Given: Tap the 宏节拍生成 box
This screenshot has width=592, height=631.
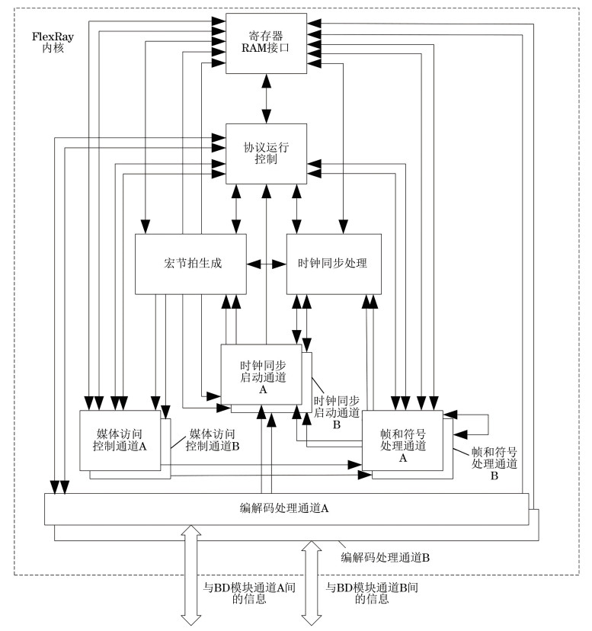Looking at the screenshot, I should [x=190, y=264].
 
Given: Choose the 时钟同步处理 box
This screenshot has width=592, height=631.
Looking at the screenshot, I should [x=332, y=264].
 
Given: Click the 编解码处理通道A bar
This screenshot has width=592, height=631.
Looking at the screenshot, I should [x=286, y=508].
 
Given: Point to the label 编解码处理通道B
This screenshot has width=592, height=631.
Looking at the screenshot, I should [x=386, y=557].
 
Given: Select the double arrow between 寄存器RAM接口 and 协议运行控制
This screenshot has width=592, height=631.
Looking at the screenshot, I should [x=266, y=98].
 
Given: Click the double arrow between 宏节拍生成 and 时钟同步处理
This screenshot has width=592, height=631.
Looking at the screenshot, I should [x=266, y=264].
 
